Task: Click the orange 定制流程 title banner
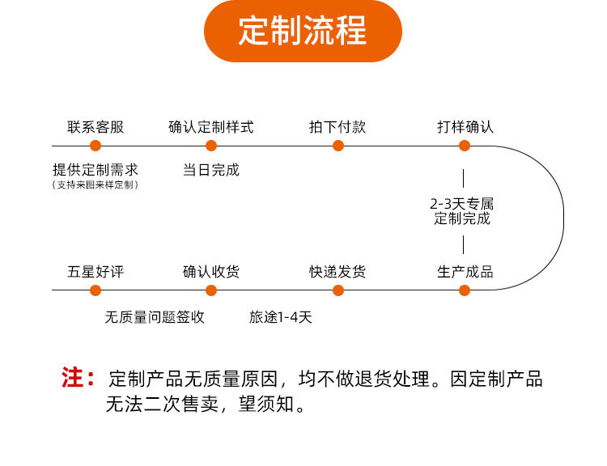pos(303,32)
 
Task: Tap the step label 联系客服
pos(96,127)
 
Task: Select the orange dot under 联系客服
pos(96,146)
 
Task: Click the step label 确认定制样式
pos(210,127)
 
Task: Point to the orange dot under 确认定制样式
pos(211,146)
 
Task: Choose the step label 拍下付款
pos(337,127)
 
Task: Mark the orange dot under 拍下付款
pos(338,146)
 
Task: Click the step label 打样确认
pos(465,127)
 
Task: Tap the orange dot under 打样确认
pos(465,146)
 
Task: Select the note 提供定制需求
pos(96,170)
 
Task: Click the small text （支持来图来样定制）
pos(96,185)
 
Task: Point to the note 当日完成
pos(211,170)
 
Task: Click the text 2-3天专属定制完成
pos(462,210)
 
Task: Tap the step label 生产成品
pos(465,272)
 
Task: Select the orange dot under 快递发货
pos(338,290)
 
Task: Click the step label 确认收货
pos(211,272)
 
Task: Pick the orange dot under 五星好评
pos(96,290)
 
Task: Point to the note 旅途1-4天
pos(280,317)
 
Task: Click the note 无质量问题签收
pos(155,317)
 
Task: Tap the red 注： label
pos(79,378)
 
